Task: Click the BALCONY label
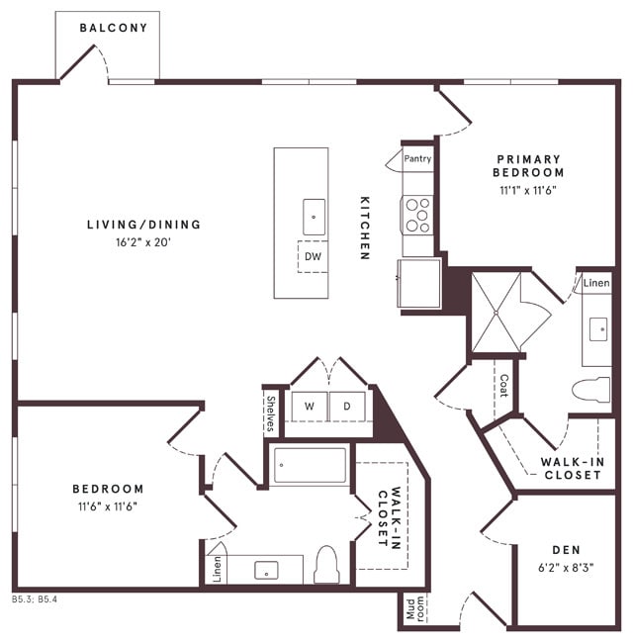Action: [114, 28]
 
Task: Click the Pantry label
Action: [417, 158]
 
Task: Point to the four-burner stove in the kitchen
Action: [417, 213]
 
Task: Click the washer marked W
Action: [309, 406]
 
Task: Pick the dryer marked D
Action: [347, 406]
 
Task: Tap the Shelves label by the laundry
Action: [271, 413]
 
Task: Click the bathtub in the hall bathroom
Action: [311, 465]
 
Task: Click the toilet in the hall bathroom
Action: [326, 565]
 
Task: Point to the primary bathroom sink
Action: [598, 329]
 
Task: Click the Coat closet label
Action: [503, 385]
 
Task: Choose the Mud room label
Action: [413, 608]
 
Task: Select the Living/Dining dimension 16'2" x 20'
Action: [142, 240]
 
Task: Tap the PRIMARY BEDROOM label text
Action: [528, 165]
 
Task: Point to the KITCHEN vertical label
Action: [364, 227]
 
